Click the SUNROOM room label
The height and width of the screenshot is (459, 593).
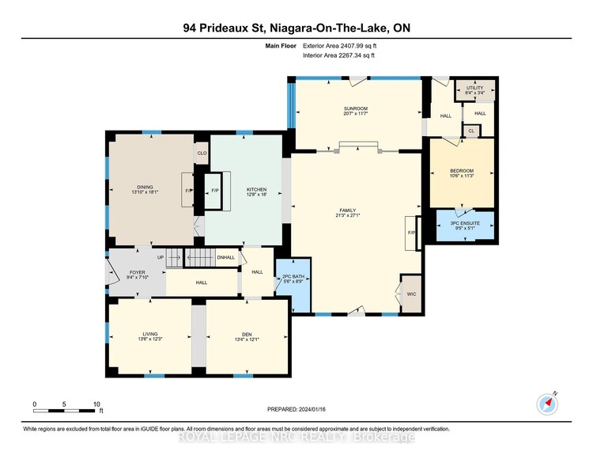pos(356,108)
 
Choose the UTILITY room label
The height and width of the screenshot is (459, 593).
pos(474,89)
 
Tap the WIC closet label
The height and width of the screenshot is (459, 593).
pos(410,291)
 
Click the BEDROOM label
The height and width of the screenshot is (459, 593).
pos(462,171)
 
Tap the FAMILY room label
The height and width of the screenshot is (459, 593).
pos(347,211)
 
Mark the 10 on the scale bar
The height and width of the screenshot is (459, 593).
pos(96,404)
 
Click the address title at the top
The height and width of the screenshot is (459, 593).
pos(296,28)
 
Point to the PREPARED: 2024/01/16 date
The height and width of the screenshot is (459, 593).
pos(296,408)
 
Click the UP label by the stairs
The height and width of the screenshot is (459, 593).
pos(161,257)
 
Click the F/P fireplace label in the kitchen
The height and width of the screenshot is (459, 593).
pos(213,191)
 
